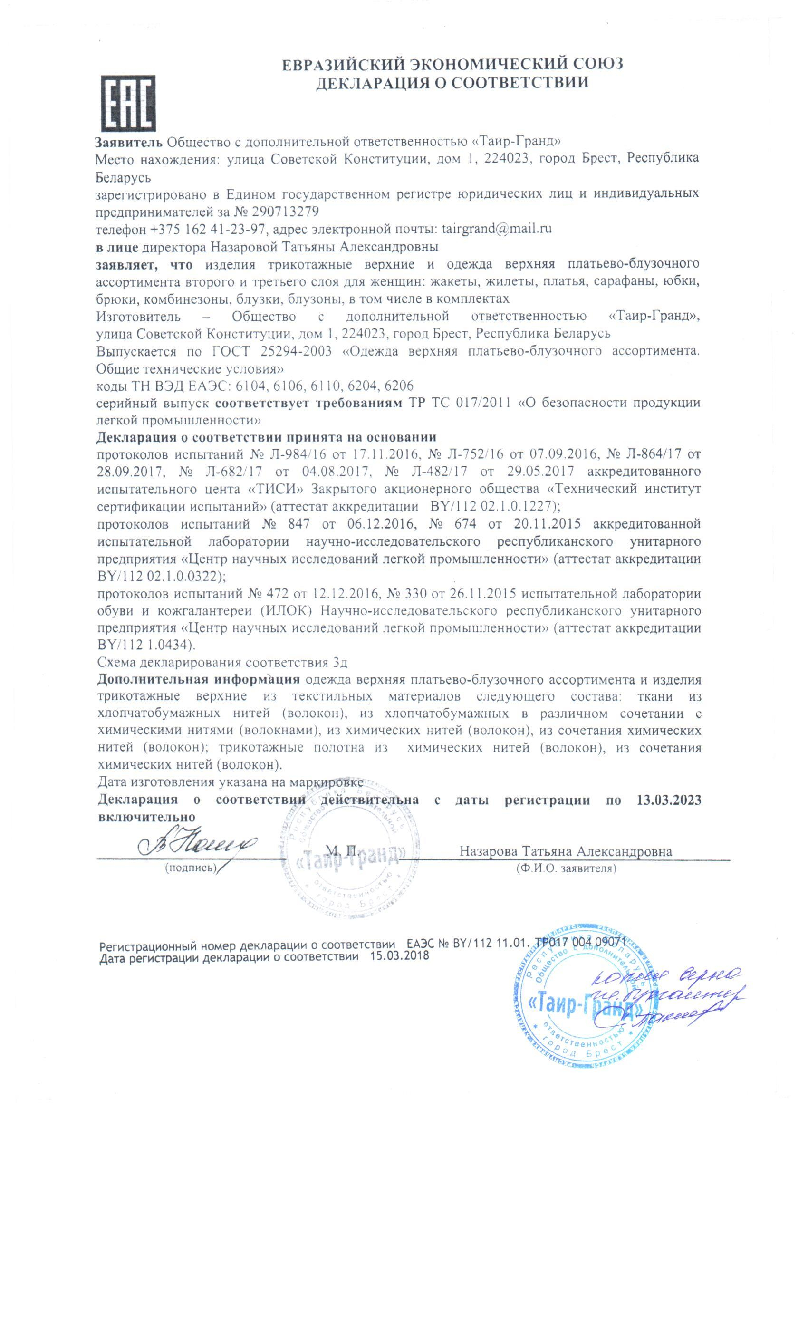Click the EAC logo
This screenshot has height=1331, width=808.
click(128, 103)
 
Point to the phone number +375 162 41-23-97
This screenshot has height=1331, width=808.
click(208, 229)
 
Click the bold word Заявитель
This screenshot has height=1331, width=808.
click(128, 142)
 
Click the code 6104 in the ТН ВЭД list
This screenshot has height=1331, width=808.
click(252, 386)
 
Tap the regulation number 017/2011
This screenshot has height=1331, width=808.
click(483, 403)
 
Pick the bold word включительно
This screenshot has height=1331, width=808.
click(146, 817)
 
